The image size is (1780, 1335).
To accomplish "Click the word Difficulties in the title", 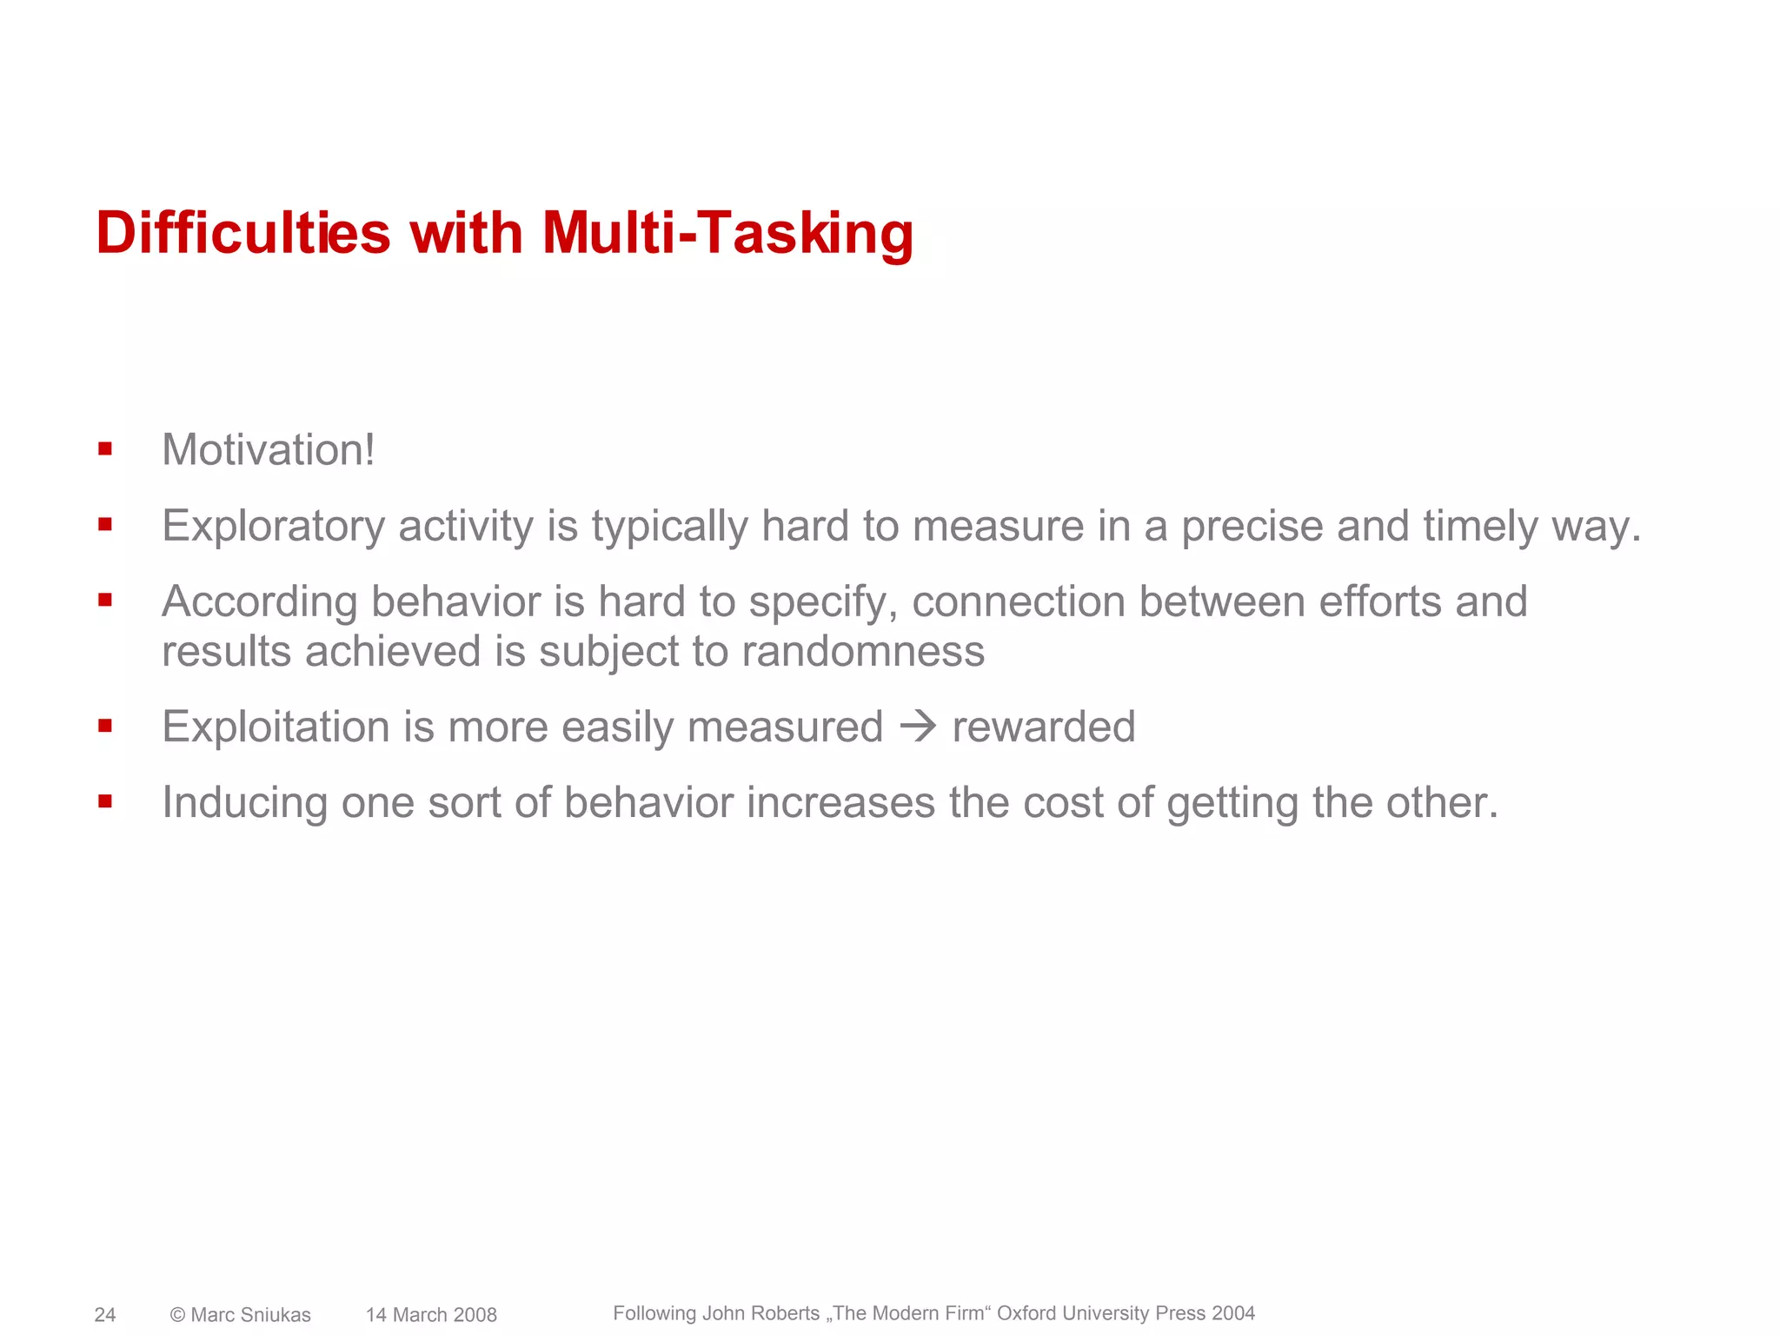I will [242, 233].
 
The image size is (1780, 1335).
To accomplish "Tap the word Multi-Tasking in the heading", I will [727, 233].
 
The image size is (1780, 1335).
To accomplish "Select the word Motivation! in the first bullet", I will [269, 449].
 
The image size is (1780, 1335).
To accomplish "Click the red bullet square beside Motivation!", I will [105, 449].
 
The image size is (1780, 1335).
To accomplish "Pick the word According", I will [259, 601].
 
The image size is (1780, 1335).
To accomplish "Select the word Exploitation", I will [276, 727].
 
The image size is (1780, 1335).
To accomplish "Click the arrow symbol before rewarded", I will [918, 727].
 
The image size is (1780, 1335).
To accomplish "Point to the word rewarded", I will [1044, 727].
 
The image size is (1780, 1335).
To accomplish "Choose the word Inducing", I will [244, 802].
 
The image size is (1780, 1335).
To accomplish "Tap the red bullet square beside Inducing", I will [105, 801].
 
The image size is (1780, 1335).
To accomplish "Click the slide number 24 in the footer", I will [105, 1315].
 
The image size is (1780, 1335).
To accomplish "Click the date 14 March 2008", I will [431, 1315].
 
